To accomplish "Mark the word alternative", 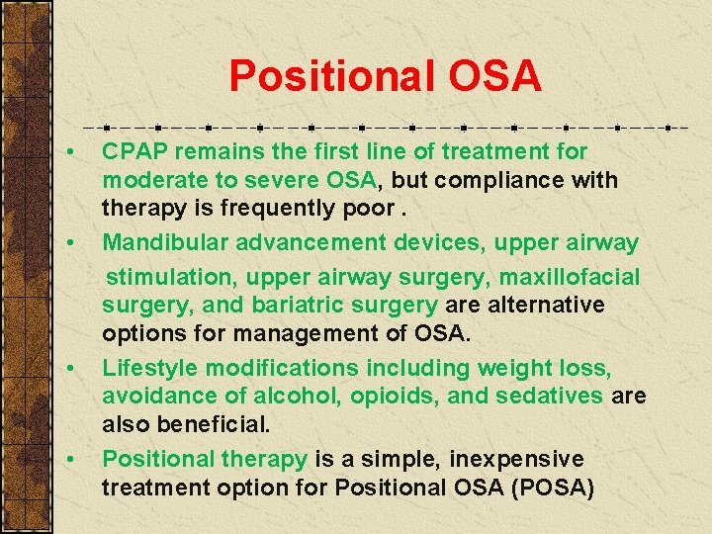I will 540,305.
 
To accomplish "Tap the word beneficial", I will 222,425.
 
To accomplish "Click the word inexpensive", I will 516,459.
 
